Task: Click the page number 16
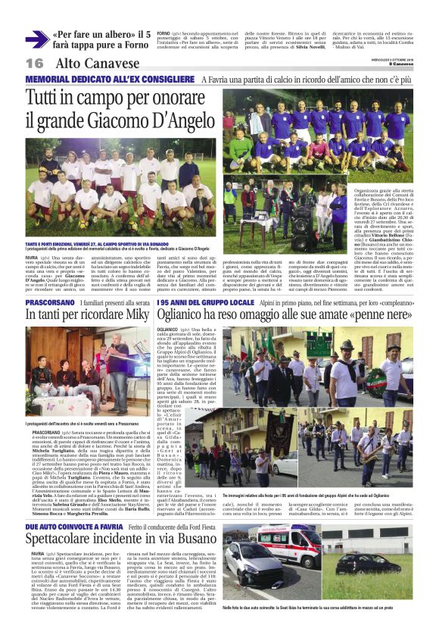click(x=35, y=64)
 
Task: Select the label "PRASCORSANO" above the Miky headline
click(x=50, y=302)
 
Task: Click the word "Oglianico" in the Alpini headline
click(x=262, y=317)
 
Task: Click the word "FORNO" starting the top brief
click(x=163, y=33)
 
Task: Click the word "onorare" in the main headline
click(x=167, y=98)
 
